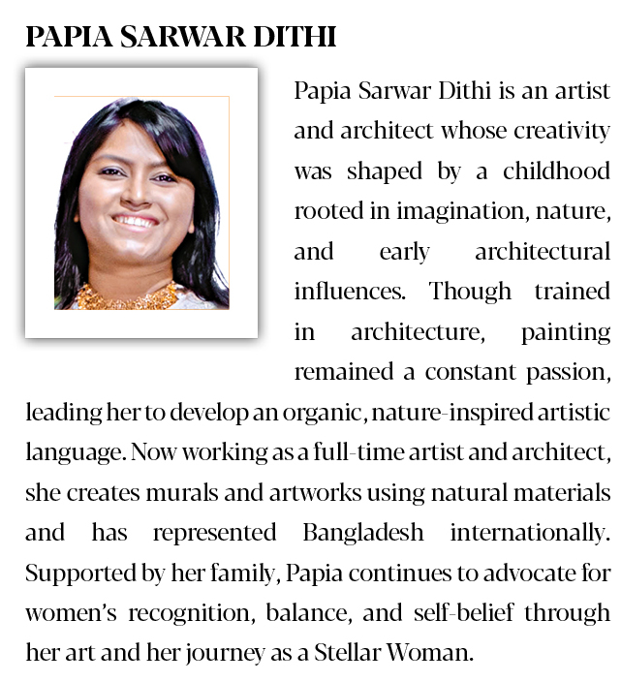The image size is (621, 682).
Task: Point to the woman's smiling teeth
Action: click(x=136, y=222)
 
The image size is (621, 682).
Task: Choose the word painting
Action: click(x=566, y=331)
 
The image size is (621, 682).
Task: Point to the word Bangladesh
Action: click(x=363, y=532)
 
